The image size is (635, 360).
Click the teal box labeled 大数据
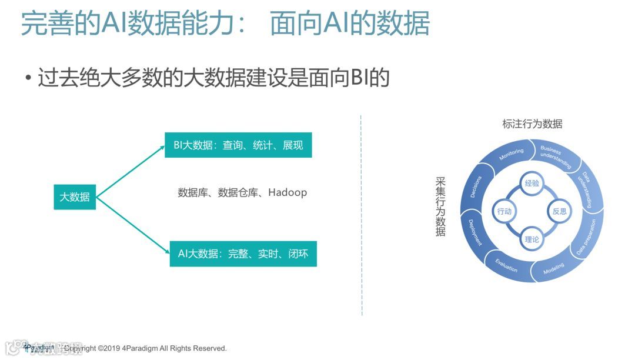coord(75,197)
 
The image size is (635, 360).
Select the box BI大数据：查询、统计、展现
coord(238,145)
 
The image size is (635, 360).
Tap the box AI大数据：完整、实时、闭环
coord(243,254)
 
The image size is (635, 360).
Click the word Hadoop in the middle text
coord(288,192)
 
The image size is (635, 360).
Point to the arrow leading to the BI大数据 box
coord(130,171)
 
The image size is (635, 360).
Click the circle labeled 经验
coord(532,184)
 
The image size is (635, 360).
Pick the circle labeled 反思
coord(559,211)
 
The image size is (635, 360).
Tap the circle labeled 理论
coord(532,239)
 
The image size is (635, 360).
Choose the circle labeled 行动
coord(504,211)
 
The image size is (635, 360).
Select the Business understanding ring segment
coord(556,154)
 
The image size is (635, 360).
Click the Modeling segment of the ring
coord(553,269)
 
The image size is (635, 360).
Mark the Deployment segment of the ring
coord(475,232)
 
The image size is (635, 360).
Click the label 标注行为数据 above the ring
coord(532,124)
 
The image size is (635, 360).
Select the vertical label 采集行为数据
coord(440,206)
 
